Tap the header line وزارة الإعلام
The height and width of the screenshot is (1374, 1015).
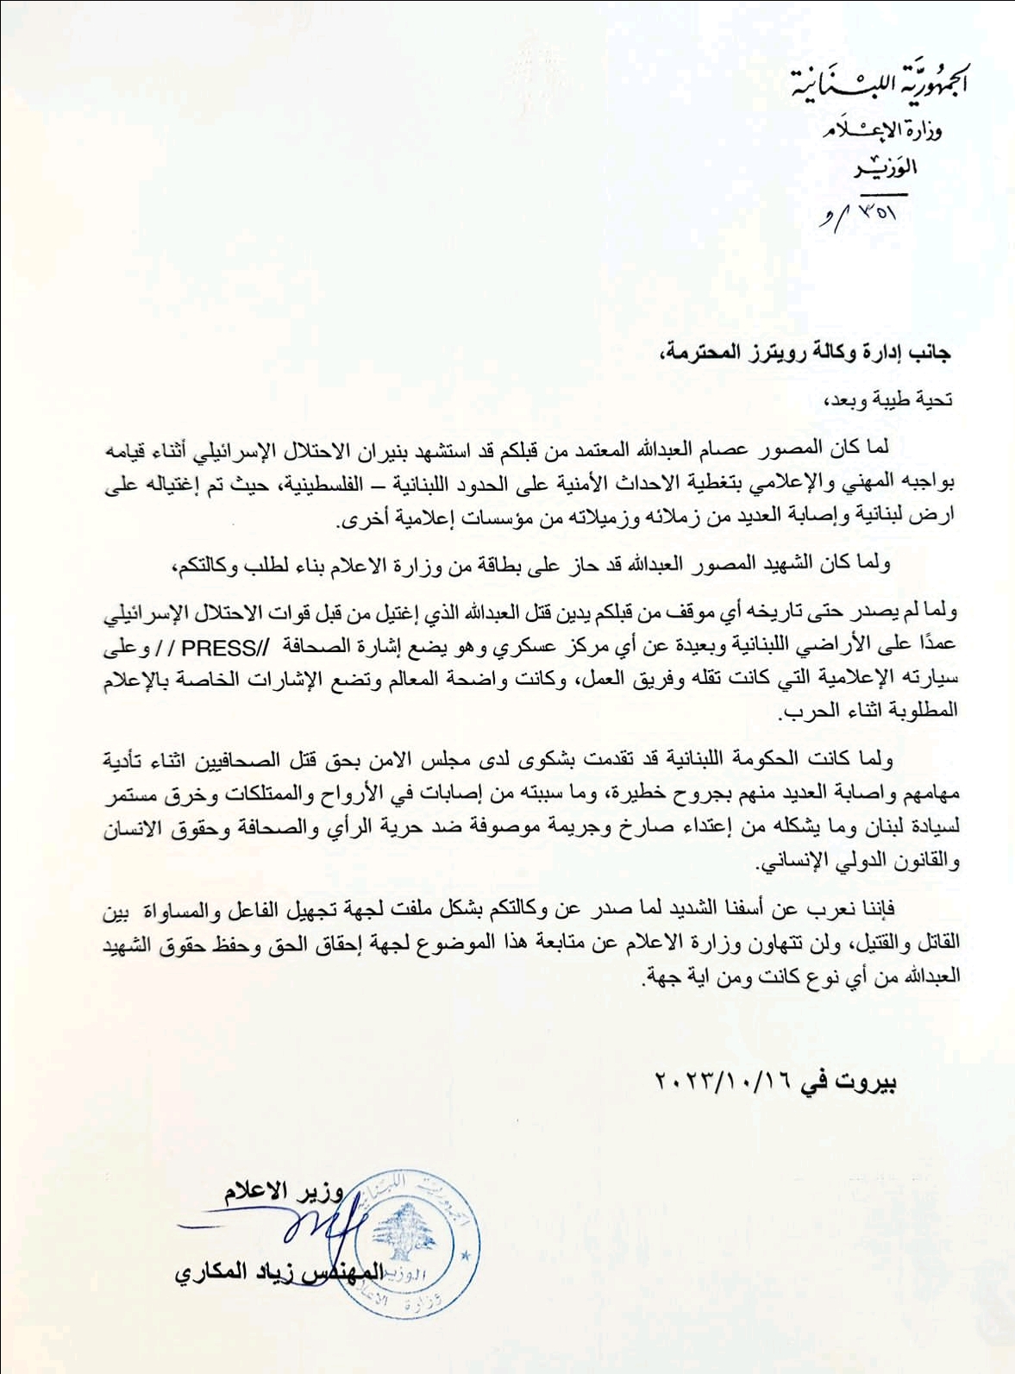[881, 130]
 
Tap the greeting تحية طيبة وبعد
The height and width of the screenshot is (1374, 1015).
[890, 399]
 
